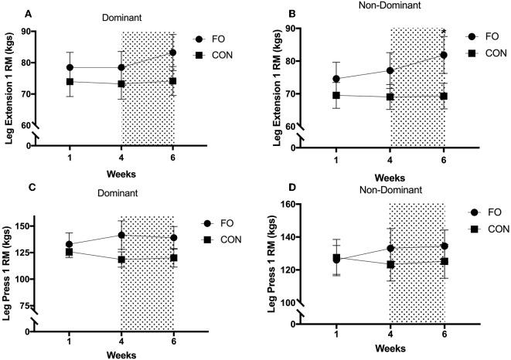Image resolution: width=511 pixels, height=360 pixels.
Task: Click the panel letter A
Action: click(9, 14)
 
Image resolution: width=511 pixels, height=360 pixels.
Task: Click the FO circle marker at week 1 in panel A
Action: click(70, 67)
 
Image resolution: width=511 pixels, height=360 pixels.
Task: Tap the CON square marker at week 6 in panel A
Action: click(173, 81)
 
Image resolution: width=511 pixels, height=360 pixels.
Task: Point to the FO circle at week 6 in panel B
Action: click(444, 55)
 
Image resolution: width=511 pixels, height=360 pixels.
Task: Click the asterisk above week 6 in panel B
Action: click(444, 32)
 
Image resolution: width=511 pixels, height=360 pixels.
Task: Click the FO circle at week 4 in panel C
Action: click(121, 235)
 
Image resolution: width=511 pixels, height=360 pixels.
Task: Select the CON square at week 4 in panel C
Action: click(121, 260)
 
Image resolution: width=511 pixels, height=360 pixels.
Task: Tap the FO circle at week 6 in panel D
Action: click(444, 246)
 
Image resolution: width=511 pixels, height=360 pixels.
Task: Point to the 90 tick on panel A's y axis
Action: click(42, 32)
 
